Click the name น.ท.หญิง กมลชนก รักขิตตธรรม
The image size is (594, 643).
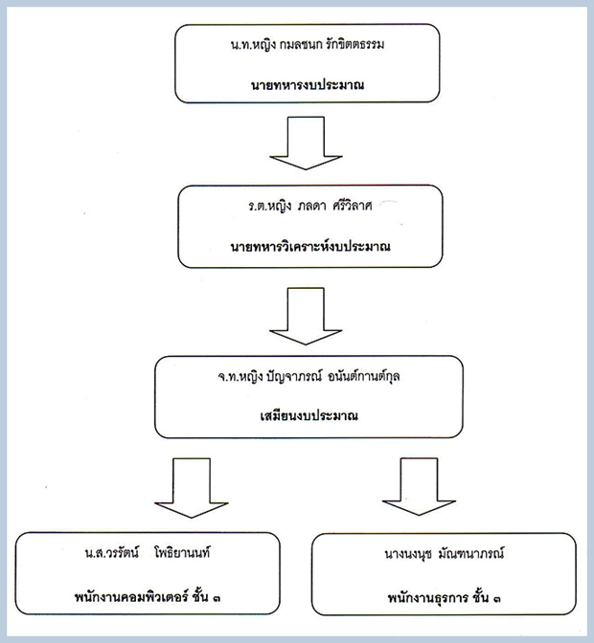pos(308,45)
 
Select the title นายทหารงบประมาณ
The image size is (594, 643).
pos(308,85)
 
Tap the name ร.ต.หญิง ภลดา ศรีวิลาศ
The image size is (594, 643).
pos(310,206)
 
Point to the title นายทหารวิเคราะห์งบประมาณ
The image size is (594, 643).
pos(310,246)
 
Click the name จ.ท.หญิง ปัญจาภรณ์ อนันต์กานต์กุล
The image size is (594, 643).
pos(308,376)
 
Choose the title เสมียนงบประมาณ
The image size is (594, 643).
pos(308,416)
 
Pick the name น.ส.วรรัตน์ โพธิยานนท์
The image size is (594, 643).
pos(148,553)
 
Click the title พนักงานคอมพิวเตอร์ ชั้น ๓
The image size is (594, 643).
pos(148,597)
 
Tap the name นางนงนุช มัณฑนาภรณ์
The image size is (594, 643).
pos(445,554)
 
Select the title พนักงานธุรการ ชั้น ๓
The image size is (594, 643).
pos(445,597)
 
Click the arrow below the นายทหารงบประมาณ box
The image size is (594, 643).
pos(306,144)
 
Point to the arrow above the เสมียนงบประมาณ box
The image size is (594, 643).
pos(306,316)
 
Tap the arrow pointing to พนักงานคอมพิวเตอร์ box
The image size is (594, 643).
pos(192,488)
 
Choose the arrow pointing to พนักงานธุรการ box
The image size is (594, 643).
pos(419,487)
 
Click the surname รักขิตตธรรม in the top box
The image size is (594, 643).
pos(355,45)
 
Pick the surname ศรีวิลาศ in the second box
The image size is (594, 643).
pos(353,206)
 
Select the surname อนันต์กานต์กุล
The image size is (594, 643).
pos(364,376)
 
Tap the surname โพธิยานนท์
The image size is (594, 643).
pos(182,553)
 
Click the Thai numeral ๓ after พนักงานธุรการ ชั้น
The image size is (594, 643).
pos(496,599)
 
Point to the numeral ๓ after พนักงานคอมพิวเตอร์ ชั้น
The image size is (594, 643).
pos(217,598)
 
